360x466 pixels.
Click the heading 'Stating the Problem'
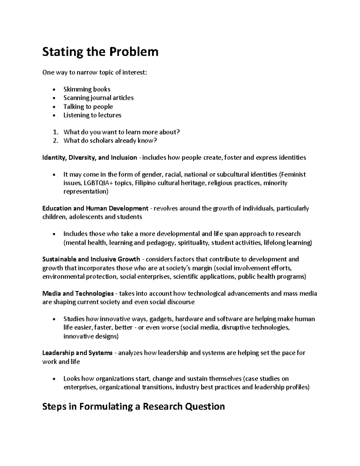click(100, 52)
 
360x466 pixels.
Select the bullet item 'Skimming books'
click(87, 89)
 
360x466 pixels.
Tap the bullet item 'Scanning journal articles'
click(98, 98)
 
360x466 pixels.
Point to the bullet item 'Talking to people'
click(88, 107)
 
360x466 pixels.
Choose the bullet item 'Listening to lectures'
click(92, 115)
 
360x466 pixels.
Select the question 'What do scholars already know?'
click(110, 140)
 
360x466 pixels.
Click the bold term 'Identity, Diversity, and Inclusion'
click(90, 158)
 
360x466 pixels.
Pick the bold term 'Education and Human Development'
click(95, 208)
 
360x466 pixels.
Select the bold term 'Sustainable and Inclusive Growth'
click(91, 259)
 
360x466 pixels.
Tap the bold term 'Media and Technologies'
click(78, 293)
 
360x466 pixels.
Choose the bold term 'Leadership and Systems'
click(77, 353)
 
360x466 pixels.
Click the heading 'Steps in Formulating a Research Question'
click(133, 407)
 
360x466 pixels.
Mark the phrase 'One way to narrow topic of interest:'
click(95, 72)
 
